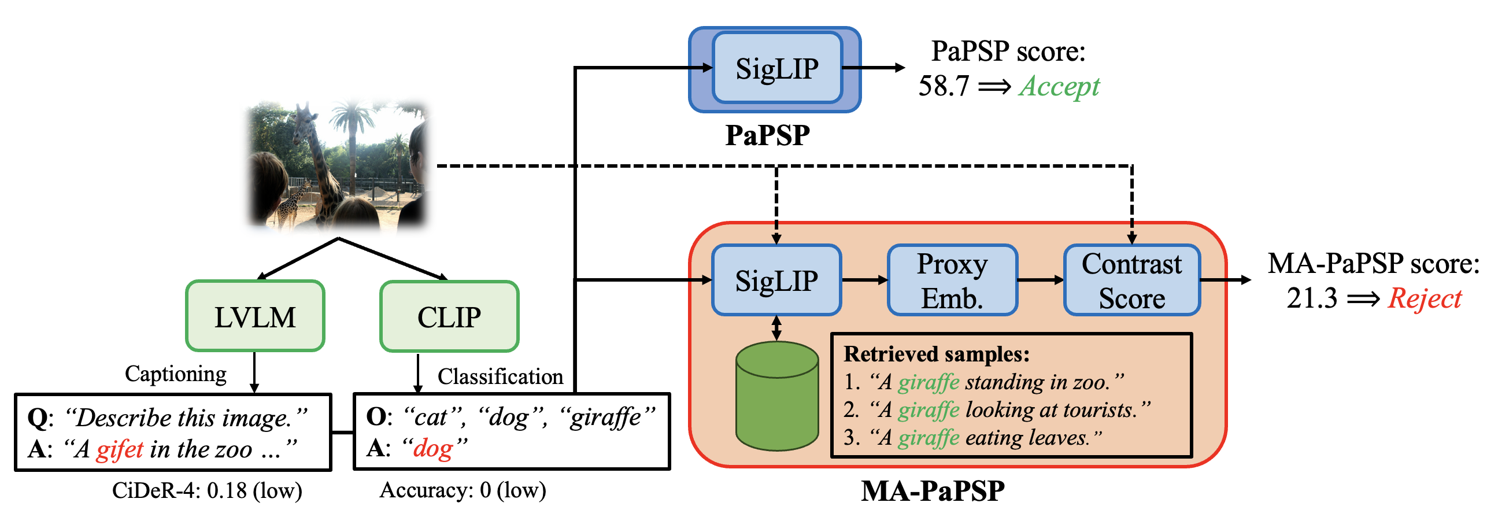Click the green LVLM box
pos(255,316)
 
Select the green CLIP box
pos(449,316)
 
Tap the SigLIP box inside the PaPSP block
pos(776,68)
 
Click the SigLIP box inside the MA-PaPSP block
pos(776,280)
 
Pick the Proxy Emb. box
pos(952,280)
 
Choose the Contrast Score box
pos(1131,280)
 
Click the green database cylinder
pos(777,397)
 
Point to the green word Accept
pos(1059,87)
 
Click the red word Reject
pos(1425,298)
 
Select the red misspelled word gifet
pos(120,449)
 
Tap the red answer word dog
pos(433,448)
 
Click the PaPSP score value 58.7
pos(944,87)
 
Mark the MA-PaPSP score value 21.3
pos(1312,298)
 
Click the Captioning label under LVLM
pos(176,374)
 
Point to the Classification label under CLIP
pos(500,376)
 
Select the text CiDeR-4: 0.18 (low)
pos(207,490)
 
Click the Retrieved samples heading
pos(937,354)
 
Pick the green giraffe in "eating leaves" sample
pos(929,438)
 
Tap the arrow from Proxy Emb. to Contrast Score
pos(1041,280)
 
